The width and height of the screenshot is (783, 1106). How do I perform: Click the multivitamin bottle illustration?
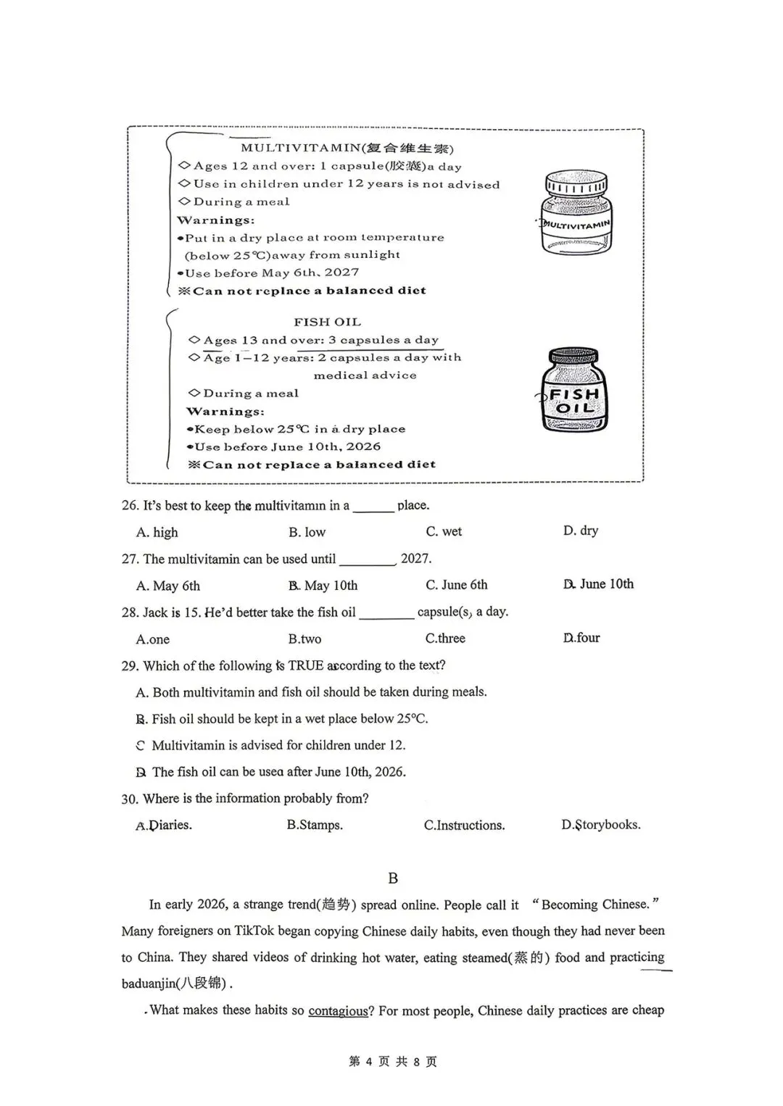(576, 213)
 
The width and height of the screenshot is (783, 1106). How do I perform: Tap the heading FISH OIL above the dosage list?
(327, 322)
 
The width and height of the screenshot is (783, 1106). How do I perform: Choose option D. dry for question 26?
(580, 531)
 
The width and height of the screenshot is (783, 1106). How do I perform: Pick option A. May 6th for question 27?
(167, 586)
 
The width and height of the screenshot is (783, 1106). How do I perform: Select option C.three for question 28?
(445, 639)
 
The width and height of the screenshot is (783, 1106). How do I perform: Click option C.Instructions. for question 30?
(464, 825)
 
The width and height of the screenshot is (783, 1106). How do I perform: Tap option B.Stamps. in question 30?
(315, 825)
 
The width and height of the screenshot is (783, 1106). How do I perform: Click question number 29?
(130, 666)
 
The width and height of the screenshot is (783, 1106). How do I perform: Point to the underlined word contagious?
(338, 1010)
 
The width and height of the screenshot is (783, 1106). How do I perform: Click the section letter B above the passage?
(393, 878)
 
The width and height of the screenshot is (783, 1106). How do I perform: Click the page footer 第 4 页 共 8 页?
(392, 1062)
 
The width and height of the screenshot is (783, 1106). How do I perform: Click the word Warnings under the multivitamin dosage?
(215, 220)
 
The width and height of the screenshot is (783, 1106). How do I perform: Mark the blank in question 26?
(373, 507)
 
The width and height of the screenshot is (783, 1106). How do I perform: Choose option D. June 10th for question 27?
(597, 584)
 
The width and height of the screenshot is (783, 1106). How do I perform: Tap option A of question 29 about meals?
(311, 692)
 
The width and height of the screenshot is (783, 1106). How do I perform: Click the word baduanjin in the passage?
(149, 984)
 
